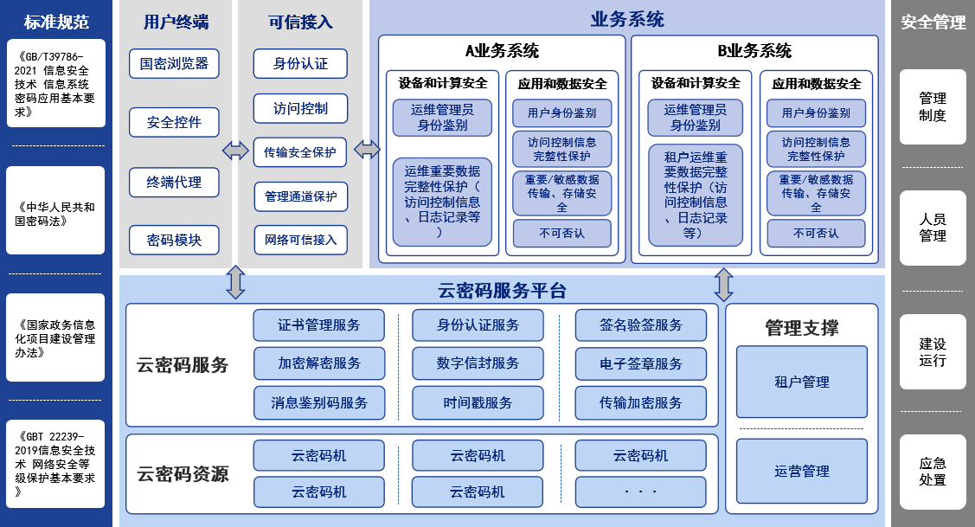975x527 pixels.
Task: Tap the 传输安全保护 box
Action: [300, 152]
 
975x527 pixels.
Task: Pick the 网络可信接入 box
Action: [300, 240]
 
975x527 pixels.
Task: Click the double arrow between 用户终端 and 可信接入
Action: [235, 151]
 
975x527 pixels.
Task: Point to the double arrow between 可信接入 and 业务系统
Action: [368, 151]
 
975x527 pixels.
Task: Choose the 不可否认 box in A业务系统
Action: [561, 233]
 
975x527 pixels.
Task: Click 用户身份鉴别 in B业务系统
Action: [816, 112]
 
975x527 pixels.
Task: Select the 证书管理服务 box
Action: [319, 325]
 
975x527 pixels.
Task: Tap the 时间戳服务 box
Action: [478, 402]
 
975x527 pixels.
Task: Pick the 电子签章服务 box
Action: [640, 363]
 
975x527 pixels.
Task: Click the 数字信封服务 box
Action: [478, 363]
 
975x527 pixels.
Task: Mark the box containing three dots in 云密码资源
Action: [640, 492]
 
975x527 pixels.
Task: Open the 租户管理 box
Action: [802, 382]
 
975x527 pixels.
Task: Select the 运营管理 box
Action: [802, 472]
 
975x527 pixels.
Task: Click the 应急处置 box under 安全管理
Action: [933, 472]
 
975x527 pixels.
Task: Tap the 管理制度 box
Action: [933, 107]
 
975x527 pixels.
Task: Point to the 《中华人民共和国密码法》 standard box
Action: [56, 214]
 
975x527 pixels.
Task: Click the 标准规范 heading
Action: [56, 22]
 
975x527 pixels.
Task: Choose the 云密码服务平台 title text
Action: [502, 291]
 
